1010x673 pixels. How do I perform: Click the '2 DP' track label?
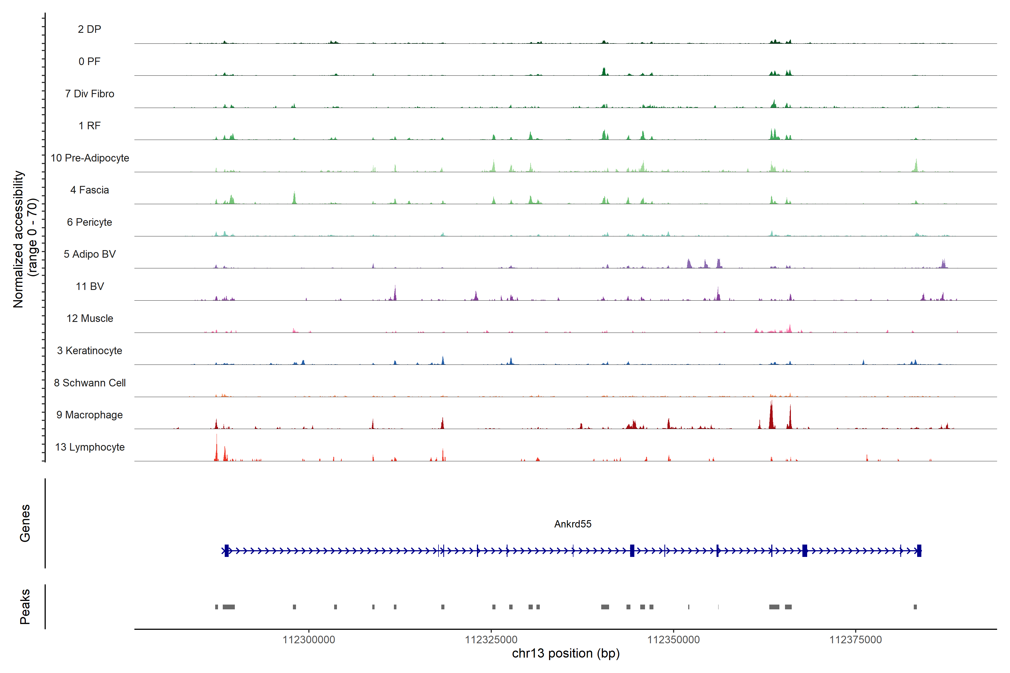89,29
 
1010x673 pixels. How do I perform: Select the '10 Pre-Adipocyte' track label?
90,158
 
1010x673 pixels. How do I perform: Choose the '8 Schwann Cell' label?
90,382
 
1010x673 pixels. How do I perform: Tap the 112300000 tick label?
309,640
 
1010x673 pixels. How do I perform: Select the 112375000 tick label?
855,640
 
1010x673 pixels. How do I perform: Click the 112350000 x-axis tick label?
673,640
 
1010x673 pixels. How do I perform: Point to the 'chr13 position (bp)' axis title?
566,653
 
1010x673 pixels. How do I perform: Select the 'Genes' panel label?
25,523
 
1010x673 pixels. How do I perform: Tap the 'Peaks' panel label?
25,607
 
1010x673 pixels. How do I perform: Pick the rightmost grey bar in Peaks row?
915,607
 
